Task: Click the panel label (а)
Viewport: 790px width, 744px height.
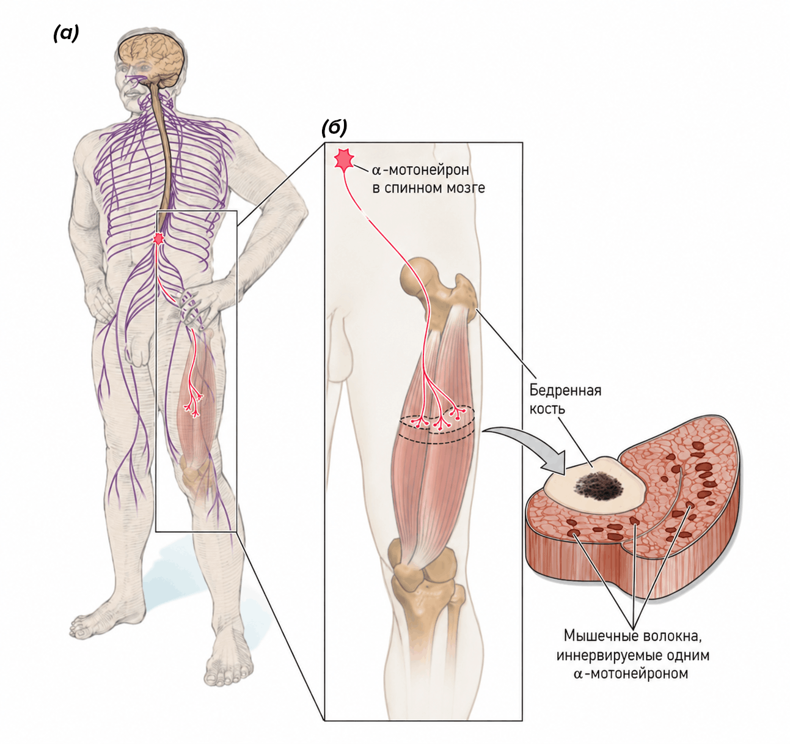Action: click(66, 34)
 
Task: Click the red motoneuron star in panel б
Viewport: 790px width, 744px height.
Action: click(344, 160)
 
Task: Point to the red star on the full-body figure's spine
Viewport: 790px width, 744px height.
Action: click(159, 238)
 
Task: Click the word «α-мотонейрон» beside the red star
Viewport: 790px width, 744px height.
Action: click(420, 170)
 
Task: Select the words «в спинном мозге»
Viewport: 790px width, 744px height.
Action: click(428, 188)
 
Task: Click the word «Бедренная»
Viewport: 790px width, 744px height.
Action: click(565, 390)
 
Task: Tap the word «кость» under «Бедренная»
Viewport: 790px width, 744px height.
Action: click(547, 408)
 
